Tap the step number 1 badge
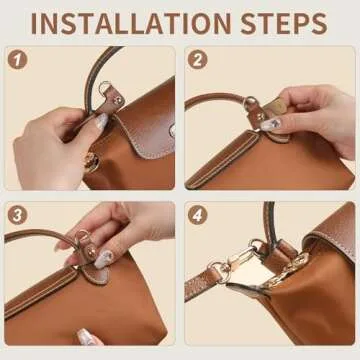click(16, 59)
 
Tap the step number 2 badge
click(197, 59)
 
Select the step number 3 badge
click(16, 215)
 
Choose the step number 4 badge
click(197, 215)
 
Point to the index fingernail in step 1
click(101, 121)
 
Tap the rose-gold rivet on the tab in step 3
click(85, 240)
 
